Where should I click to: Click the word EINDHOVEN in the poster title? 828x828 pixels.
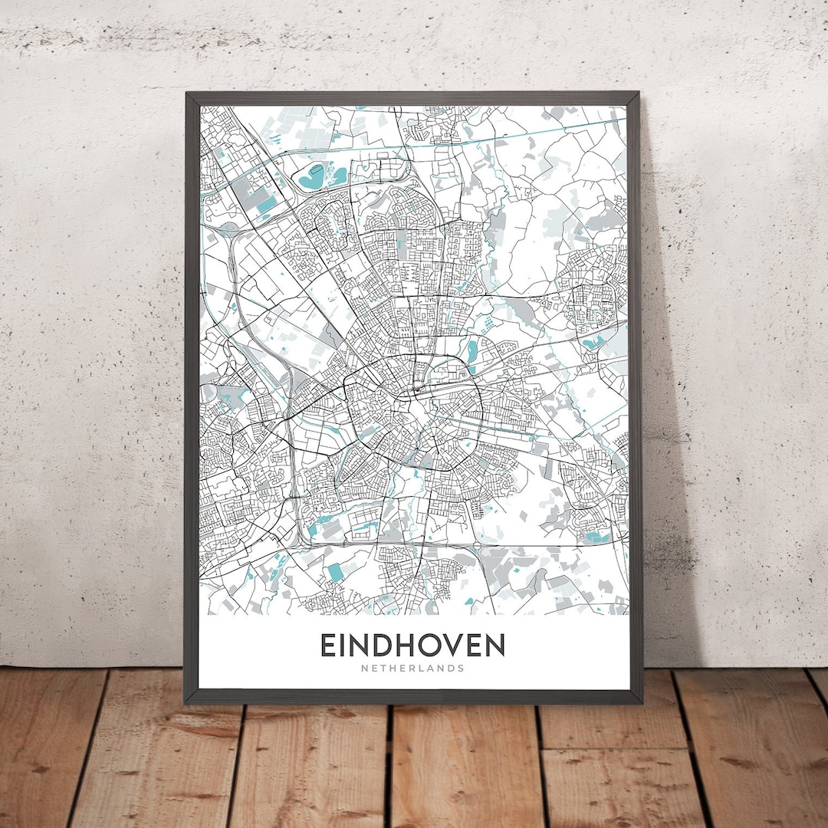[x=412, y=645]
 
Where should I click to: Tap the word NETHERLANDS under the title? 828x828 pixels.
[x=412, y=668]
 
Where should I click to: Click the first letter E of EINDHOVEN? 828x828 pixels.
[x=328, y=645]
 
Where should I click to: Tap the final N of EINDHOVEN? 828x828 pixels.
[x=495, y=645]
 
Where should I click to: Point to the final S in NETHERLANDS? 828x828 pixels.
[x=462, y=668]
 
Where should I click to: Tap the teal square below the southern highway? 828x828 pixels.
[x=335, y=572]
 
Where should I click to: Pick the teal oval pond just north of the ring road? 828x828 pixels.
[x=472, y=350]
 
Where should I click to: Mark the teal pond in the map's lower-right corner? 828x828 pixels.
[x=595, y=537]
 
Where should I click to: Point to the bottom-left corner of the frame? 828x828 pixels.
[x=186, y=701]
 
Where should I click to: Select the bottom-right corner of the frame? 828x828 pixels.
[x=641, y=701]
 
